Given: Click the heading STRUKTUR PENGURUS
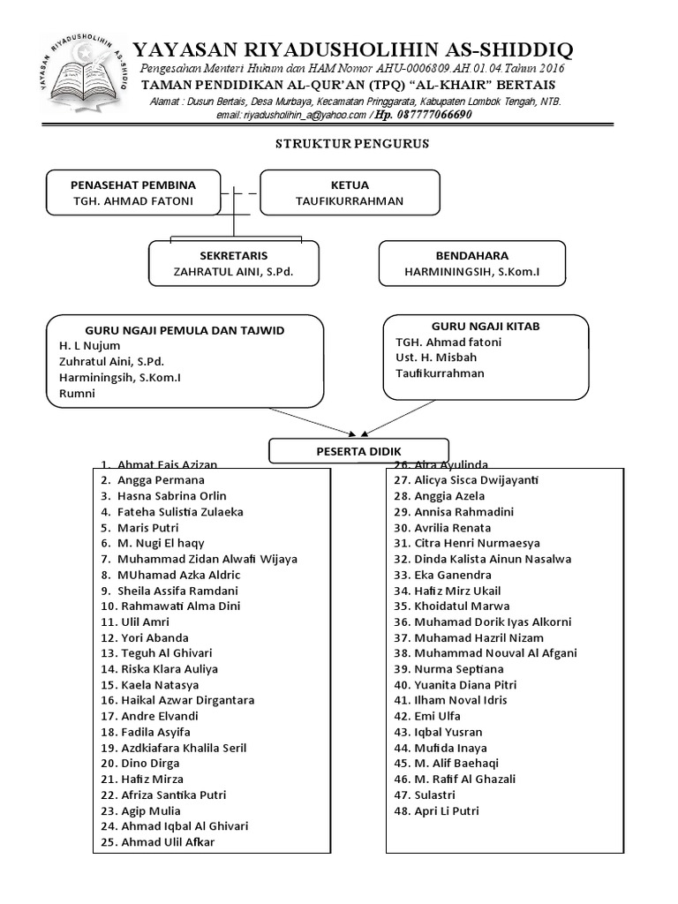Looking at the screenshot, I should pyautogui.click(x=352, y=143).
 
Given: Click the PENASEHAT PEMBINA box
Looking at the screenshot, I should pyautogui.click(x=133, y=192).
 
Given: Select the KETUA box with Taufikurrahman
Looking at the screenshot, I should pyautogui.click(x=350, y=192).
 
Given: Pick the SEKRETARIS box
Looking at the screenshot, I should pyautogui.click(x=233, y=263).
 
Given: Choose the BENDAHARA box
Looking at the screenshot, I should pyautogui.click(x=471, y=263).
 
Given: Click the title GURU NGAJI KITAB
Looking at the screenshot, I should pyautogui.click(x=485, y=326).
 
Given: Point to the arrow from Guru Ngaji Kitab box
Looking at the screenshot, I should pyautogui.click(x=424, y=415).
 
